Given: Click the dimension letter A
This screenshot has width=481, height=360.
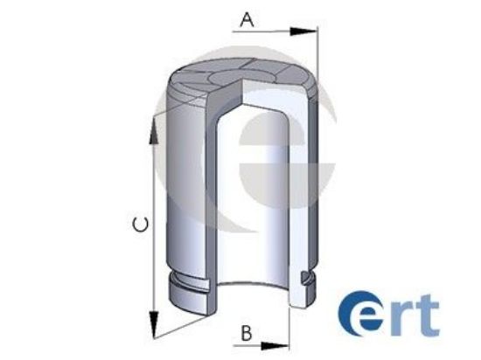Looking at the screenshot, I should [247, 18].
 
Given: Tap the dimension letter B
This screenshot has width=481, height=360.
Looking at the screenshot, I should [247, 333].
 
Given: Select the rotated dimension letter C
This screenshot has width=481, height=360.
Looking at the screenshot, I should [141, 225].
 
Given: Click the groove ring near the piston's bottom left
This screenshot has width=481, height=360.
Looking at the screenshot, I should [192, 285].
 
